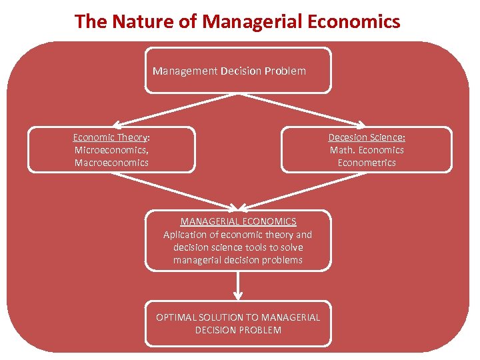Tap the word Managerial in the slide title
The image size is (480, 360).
253,21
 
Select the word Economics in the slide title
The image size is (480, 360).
355,21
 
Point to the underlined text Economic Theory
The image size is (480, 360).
110,137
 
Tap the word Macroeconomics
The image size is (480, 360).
111,163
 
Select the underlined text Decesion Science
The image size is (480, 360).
365,137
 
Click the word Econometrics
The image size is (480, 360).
367,163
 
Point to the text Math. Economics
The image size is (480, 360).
367,150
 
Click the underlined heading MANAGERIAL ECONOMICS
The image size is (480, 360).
238,221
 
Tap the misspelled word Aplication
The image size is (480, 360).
186,234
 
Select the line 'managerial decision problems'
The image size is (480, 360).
238,260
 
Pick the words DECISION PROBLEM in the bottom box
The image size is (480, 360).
238,330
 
